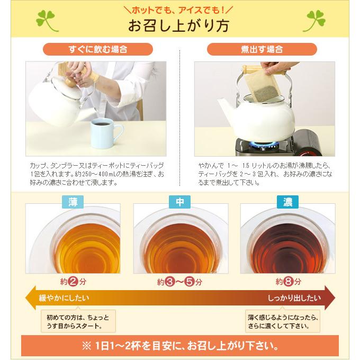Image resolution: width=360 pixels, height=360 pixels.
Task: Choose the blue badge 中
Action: (179, 202)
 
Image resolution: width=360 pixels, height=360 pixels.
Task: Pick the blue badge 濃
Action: (287, 202)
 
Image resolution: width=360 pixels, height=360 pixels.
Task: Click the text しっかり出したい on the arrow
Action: (294, 298)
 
